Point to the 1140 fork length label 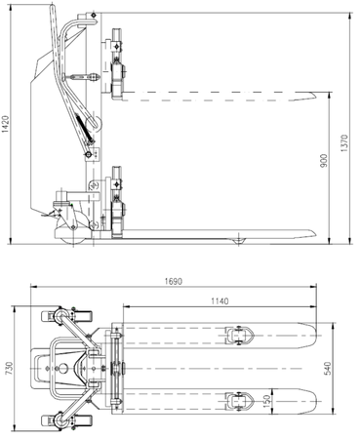[219, 301]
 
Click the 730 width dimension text [9, 368]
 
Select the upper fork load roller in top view [237, 336]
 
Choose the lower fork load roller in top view [237, 401]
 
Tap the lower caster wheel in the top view [48, 420]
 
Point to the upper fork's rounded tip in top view [312, 336]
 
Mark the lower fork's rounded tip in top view [312, 401]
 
